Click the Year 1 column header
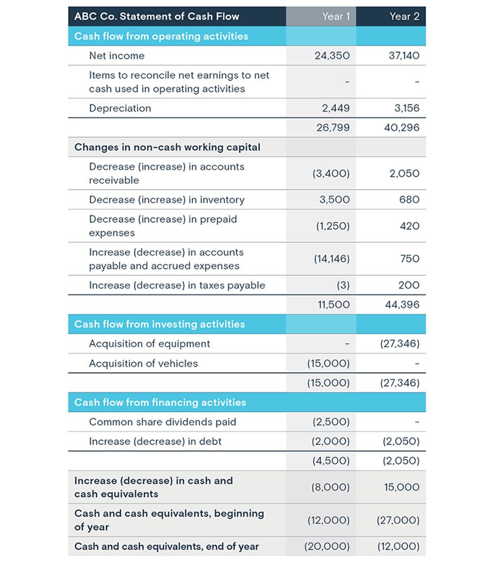point(336,16)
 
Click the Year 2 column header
point(404,16)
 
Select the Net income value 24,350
point(332,56)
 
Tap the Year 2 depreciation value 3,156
point(406,108)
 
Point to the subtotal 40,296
point(402,128)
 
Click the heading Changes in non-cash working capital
point(167,147)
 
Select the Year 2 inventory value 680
point(411,200)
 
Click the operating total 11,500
point(334,305)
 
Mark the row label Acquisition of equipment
point(149,344)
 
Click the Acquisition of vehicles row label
point(143,364)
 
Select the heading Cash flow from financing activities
point(160,402)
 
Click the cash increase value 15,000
point(402,487)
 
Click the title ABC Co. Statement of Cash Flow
point(157,16)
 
